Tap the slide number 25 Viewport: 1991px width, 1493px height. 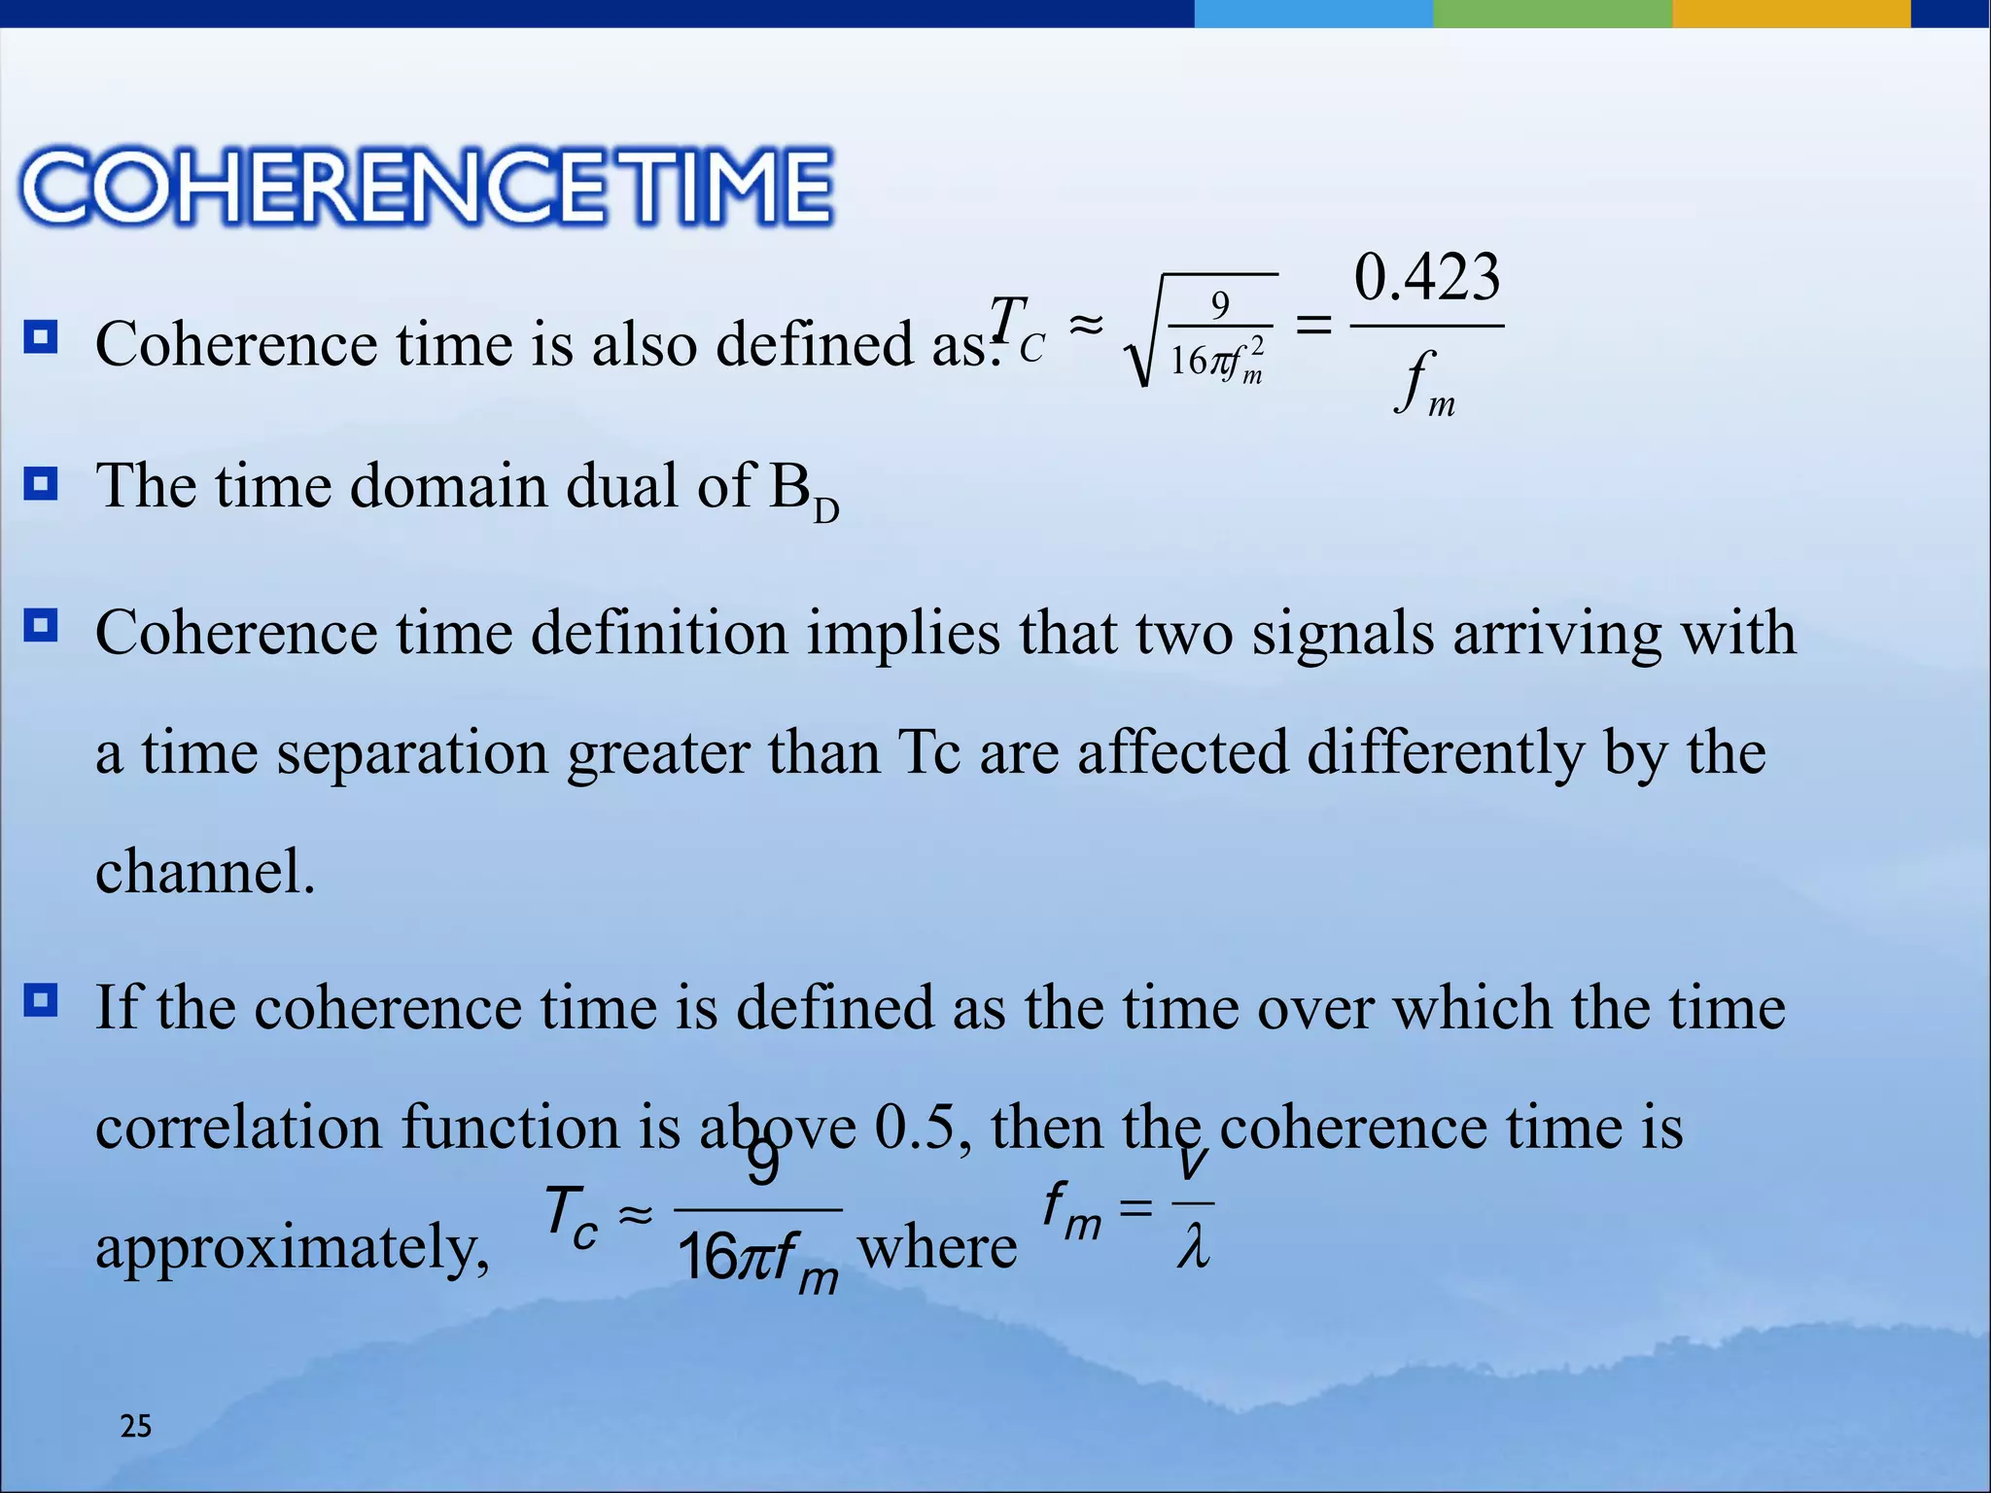pos(135,1426)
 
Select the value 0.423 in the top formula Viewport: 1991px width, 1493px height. pos(1427,278)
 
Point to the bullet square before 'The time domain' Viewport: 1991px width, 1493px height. pos(41,483)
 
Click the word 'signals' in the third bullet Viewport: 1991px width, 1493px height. pos(1342,634)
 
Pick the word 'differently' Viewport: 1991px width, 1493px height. pos(1445,753)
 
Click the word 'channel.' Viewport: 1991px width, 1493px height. pos(205,871)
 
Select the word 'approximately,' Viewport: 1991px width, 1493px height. pos(293,1248)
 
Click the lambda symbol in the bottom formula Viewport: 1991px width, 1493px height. pos(1193,1248)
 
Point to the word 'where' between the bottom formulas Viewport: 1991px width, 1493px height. pos(937,1248)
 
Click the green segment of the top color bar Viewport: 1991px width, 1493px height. pos(1552,13)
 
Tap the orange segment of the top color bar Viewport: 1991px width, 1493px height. pos(1791,13)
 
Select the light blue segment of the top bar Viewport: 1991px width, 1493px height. pos(1312,13)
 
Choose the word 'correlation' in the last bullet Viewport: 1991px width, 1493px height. pos(238,1128)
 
